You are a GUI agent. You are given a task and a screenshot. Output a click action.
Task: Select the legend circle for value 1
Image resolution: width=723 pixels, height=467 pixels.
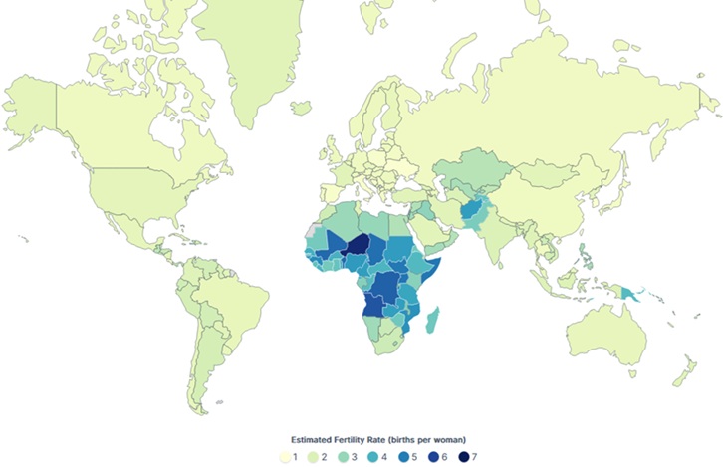coord(285,457)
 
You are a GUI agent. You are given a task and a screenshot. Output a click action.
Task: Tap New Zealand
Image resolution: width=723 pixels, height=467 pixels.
coord(687,373)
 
